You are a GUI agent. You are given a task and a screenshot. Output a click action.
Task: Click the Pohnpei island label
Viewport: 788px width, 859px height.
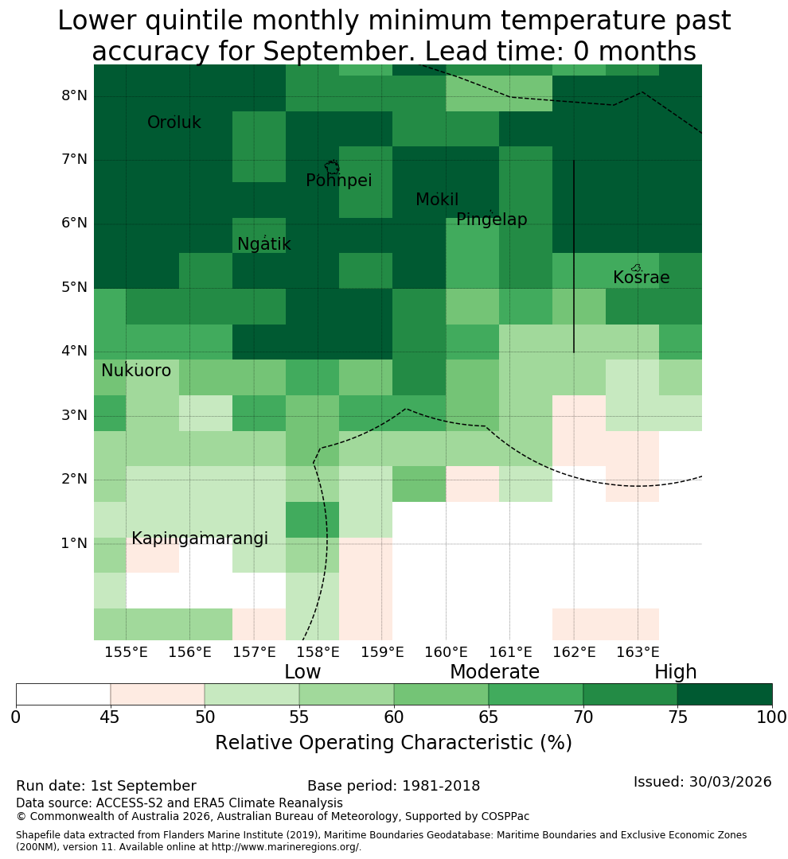click(x=338, y=181)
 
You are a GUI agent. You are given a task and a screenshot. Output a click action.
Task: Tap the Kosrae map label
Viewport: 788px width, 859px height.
click(x=641, y=278)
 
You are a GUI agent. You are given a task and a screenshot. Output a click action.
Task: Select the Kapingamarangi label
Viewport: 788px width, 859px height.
click(x=200, y=538)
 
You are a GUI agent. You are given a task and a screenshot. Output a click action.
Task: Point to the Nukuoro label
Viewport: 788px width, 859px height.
click(x=136, y=371)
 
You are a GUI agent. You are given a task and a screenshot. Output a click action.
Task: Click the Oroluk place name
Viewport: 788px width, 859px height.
click(x=174, y=122)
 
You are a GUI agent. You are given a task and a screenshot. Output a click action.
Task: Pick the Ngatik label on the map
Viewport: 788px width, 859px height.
click(x=263, y=244)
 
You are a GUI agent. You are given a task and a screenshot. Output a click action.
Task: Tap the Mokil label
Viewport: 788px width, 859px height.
click(x=437, y=200)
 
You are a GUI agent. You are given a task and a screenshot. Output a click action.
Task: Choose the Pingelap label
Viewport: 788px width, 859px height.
click(x=491, y=220)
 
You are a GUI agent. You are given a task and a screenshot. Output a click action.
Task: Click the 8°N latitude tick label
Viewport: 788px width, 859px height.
click(x=74, y=96)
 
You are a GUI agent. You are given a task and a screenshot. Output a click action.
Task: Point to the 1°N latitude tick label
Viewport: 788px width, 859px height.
click(x=74, y=543)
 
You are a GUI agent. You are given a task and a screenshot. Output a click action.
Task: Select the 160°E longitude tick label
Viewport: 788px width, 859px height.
click(x=447, y=652)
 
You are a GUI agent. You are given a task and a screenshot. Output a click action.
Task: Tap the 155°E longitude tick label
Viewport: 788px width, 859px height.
click(x=126, y=652)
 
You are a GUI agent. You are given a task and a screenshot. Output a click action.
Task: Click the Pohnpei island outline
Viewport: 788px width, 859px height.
click(x=332, y=166)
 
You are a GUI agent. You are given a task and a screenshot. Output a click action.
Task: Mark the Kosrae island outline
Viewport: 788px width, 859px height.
click(x=636, y=268)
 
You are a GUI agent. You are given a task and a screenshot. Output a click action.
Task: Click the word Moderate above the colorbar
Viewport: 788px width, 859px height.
click(x=494, y=671)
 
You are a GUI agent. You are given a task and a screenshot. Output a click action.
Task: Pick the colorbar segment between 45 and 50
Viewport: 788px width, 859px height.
click(x=158, y=694)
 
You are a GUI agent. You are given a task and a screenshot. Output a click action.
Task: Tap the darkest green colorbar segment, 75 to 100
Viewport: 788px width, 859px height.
click(x=724, y=694)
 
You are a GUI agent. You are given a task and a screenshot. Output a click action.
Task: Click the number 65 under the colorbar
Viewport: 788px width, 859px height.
click(x=488, y=717)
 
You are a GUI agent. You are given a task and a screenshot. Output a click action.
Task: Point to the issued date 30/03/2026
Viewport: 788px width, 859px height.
click(x=730, y=782)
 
